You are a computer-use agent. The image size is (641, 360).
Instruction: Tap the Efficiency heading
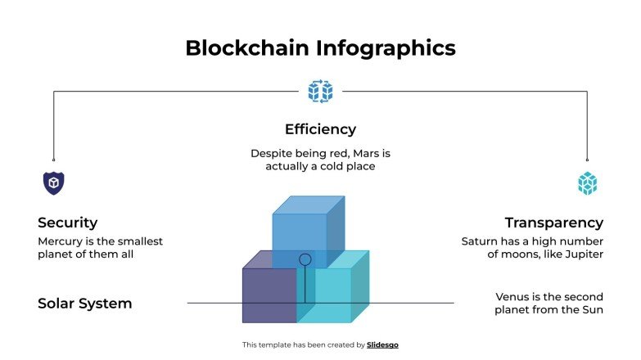[x=320, y=129]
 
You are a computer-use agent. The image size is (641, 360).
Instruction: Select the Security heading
[x=68, y=223]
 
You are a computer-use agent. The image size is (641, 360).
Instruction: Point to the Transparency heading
[x=554, y=223]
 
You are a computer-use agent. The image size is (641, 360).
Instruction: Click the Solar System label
[x=85, y=304]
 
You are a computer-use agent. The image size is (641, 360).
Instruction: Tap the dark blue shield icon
[x=53, y=183]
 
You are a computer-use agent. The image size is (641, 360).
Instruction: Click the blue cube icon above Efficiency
[x=320, y=91]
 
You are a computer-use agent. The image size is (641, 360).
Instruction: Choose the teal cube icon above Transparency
[x=587, y=183]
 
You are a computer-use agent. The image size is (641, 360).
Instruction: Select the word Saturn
[x=481, y=241]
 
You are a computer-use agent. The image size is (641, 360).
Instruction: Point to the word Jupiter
[x=583, y=254]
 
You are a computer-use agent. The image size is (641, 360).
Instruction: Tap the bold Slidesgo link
[x=383, y=345]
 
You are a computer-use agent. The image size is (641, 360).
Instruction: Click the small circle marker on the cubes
[x=305, y=259]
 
